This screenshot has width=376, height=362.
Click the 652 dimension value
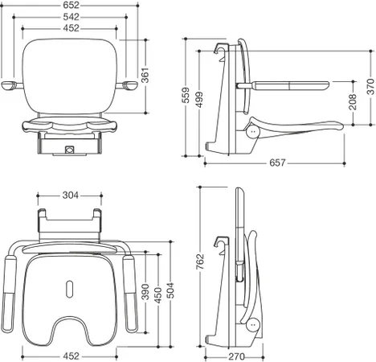72,5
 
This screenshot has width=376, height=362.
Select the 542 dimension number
72,17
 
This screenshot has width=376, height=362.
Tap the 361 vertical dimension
145,76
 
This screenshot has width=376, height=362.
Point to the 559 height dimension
186,95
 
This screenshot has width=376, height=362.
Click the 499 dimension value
199,100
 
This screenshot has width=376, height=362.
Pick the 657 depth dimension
277,162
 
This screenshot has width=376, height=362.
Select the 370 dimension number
370,87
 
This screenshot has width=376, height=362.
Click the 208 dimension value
353,102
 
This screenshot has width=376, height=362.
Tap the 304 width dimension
71,195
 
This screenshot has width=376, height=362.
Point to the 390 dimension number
145,292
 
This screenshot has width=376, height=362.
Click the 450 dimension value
158,295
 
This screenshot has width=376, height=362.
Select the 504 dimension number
170,290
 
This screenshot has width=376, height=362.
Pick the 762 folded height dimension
200,261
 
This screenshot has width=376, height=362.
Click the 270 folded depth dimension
236,356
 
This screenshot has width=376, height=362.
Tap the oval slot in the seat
69,289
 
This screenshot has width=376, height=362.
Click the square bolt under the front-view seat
69,149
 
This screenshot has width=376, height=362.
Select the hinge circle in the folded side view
253,325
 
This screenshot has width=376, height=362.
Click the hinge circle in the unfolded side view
253,131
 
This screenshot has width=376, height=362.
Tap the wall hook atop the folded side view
221,243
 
